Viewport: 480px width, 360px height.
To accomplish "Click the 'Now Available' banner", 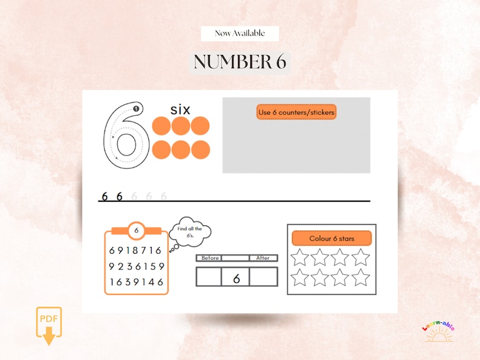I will coord(239,33).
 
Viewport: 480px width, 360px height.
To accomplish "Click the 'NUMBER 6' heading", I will coord(240,62).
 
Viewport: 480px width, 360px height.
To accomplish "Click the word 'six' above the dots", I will coord(180,109).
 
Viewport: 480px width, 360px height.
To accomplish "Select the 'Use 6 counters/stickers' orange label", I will coord(296,112).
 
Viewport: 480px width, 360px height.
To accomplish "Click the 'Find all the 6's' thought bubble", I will coord(190,233).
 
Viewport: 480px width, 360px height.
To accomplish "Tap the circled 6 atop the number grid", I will coord(137,230).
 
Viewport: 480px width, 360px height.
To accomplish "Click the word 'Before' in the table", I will coord(210,258).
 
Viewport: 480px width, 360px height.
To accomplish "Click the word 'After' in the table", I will coord(263,258).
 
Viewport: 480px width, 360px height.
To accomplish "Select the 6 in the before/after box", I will coord(236,277).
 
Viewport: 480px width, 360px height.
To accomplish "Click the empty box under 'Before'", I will coord(210,277).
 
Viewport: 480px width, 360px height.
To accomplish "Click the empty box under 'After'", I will coord(264,277).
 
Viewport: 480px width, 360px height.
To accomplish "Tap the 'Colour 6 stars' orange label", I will coord(331,239).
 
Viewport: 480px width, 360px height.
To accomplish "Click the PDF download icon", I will coord(49,326).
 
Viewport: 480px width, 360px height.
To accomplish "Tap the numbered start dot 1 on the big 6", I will coord(136,109).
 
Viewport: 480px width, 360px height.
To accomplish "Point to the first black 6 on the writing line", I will coord(105,196).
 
